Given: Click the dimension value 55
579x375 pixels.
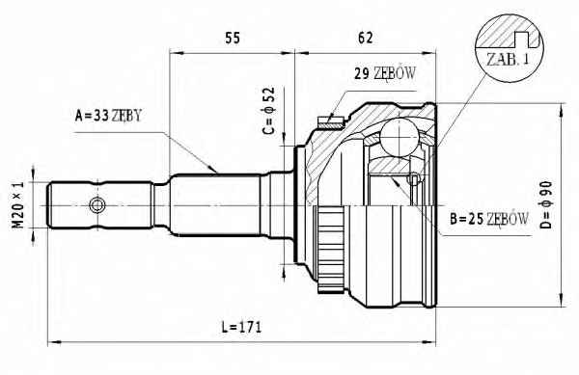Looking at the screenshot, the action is coord(233,38).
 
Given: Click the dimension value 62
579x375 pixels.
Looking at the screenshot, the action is coord(365,38).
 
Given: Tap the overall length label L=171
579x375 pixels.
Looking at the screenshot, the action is coord(241,327).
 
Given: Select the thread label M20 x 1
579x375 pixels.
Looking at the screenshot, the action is coord(18,205).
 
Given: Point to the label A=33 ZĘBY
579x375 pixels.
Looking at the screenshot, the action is coord(108,116).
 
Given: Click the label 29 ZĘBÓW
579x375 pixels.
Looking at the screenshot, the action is coord(385,73).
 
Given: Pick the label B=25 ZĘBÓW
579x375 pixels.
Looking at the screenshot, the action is coord(489,219).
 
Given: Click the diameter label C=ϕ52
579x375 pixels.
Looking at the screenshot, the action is coord(269,111).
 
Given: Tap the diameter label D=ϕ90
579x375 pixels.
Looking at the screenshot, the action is coord(546,205).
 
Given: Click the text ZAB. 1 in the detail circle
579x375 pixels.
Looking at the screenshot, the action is coord(508,60).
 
